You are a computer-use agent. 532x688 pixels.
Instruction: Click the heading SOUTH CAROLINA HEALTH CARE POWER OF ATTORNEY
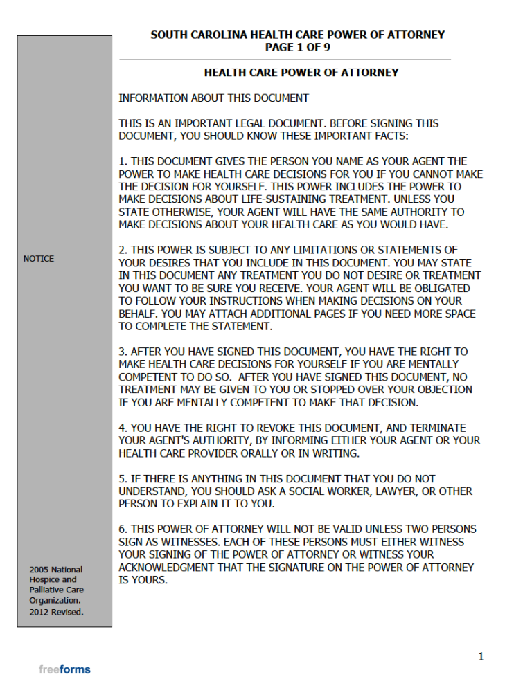tap(297, 35)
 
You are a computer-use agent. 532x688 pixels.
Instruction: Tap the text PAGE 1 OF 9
tap(298, 47)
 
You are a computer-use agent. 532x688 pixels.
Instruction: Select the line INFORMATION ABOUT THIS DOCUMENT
tap(213, 98)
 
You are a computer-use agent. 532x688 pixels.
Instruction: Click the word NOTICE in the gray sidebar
tap(39, 259)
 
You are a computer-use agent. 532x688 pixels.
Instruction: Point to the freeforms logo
tap(64, 669)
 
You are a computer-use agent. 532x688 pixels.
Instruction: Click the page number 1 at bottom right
tap(480, 656)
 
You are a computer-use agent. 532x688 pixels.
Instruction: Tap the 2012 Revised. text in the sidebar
tap(56, 613)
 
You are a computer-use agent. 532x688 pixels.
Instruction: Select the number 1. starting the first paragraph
tap(123, 161)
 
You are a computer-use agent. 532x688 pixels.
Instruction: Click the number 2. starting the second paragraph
tap(123, 250)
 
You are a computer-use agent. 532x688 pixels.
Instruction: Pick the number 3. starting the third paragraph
tap(123, 352)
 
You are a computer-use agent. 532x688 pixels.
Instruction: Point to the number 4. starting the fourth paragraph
tap(123, 428)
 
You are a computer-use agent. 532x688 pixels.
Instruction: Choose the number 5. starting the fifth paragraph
tap(123, 478)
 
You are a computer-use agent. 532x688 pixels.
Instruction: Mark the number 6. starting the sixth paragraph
tap(123, 529)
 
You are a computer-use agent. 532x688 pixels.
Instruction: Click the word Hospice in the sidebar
tap(46, 580)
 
